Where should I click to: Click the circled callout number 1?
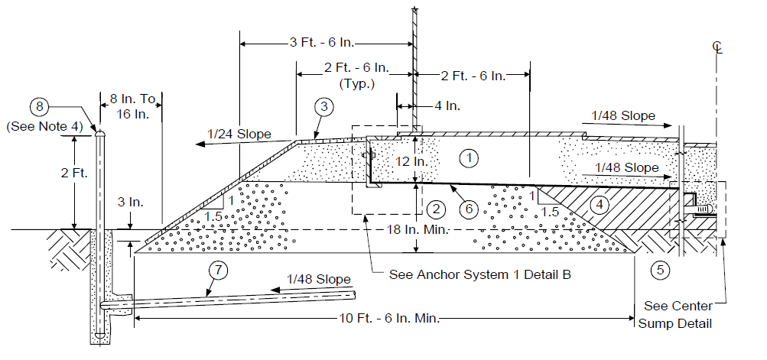pos(469,158)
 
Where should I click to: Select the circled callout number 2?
pos(436,210)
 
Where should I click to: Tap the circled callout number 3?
pos(323,107)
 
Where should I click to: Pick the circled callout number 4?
pos(600,205)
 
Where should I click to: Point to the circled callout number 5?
pos(660,270)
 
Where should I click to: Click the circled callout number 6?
pos(469,209)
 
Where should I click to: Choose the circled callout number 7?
pos(218,271)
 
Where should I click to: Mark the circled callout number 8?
pos(40,107)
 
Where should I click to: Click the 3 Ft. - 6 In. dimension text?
pos(322,43)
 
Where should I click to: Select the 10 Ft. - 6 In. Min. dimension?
pos(389,319)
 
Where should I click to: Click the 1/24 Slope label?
pos(239,134)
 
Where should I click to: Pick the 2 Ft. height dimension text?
pos(73,173)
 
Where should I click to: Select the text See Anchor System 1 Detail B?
pos(480,274)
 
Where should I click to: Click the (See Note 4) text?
pos(44,127)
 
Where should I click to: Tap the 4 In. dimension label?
pos(447,105)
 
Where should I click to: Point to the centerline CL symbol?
pos(717,47)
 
